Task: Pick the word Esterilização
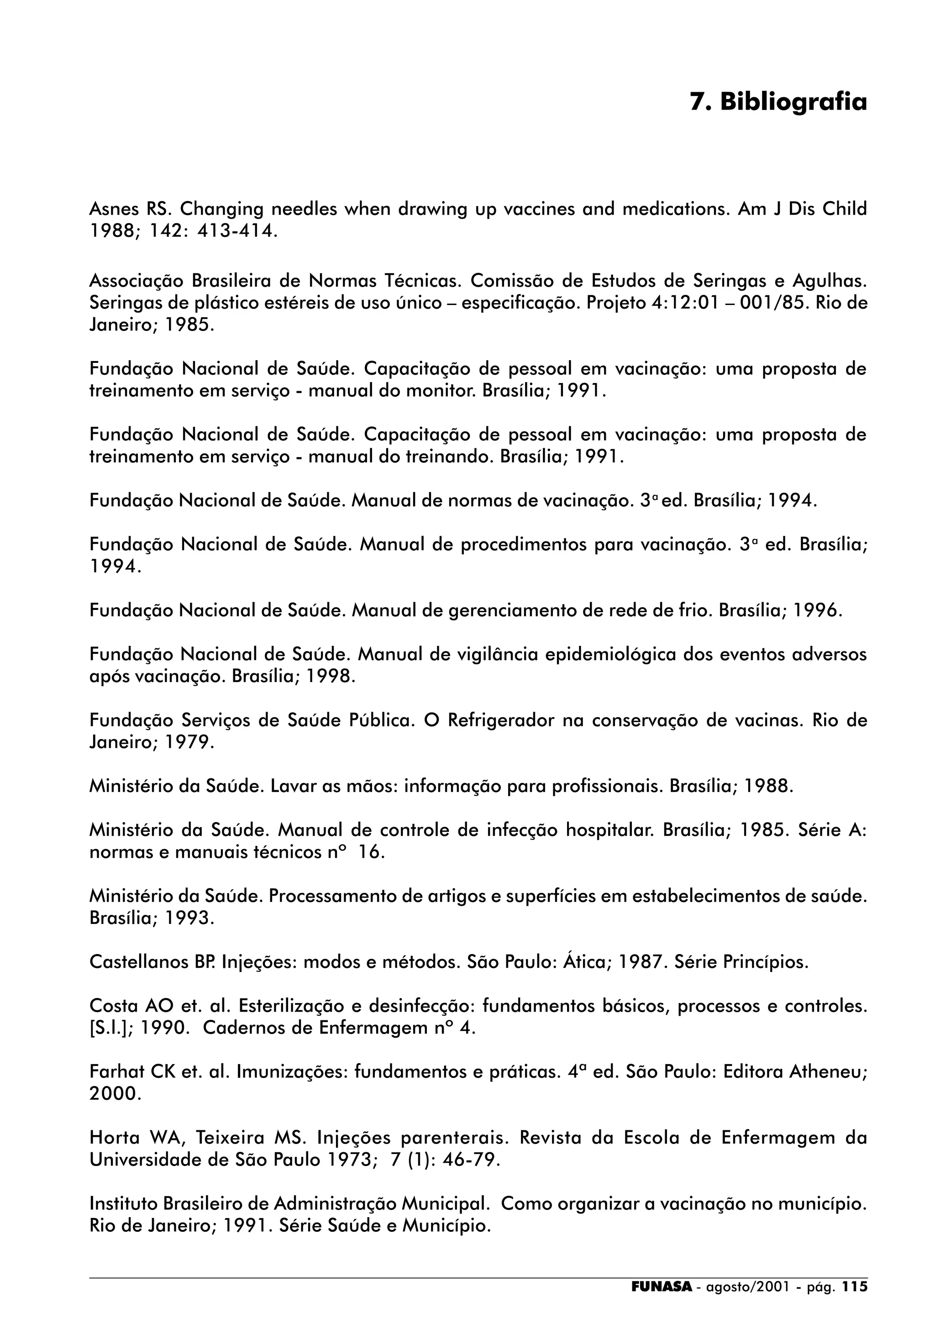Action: point(299,1006)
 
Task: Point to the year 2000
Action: point(114,1094)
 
